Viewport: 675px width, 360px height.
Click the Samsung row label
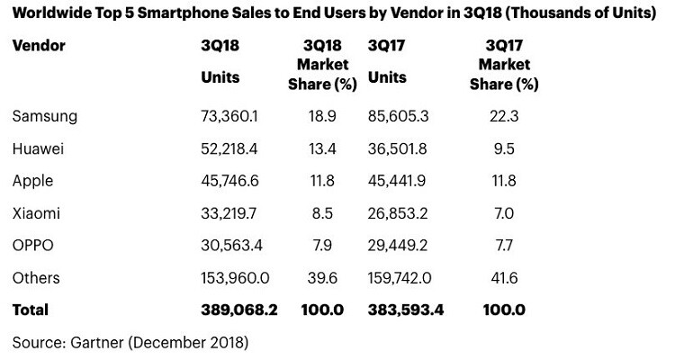(x=45, y=116)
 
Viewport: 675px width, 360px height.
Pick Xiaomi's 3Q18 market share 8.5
(x=323, y=213)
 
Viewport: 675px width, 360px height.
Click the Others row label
(x=37, y=278)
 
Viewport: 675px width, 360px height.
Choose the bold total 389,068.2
(x=239, y=310)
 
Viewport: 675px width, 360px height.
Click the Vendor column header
(x=39, y=45)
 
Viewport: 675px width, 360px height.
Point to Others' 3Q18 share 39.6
(x=323, y=278)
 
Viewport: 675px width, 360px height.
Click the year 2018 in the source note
(x=224, y=342)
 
